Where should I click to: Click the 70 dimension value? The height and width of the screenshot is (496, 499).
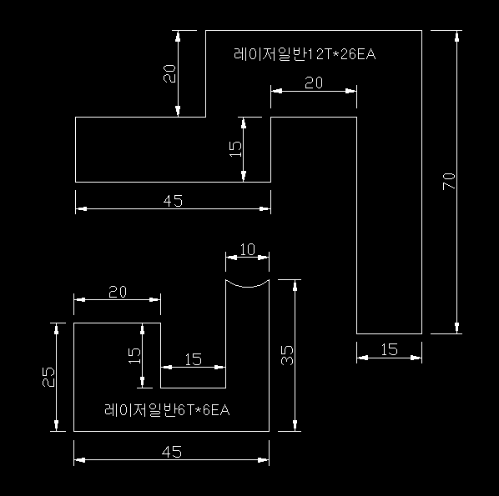[x=449, y=181]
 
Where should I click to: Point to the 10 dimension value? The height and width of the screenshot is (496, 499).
[x=248, y=249]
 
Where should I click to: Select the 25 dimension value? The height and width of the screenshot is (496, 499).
[x=48, y=377]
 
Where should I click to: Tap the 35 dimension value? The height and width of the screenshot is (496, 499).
[x=287, y=355]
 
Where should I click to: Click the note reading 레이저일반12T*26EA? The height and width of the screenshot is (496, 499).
[x=305, y=54]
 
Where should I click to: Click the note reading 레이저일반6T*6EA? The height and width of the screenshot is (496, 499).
[x=167, y=410]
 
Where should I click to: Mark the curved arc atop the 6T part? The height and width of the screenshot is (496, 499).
[x=247, y=286]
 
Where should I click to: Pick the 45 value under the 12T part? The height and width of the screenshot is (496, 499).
[x=173, y=201]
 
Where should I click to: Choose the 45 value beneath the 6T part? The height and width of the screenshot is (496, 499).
[x=172, y=452]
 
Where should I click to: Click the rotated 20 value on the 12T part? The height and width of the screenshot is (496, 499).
[x=169, y=73]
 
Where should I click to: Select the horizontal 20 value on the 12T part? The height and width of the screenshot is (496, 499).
[x=314, y=83]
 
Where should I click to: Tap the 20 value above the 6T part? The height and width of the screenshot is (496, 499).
[x=118, y=292]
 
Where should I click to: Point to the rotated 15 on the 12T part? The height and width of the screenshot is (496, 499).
[x=235, y=149]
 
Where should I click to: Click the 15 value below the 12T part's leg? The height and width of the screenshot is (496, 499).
[x=389, y=350]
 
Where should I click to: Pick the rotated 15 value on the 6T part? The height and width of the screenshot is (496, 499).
[x=134, y=356]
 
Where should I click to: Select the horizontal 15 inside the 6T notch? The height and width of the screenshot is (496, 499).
[x=193, y=359]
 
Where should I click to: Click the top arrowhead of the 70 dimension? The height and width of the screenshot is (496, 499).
[x=457, y=36]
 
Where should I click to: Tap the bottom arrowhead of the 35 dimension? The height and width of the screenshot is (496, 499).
[x=295, y=426]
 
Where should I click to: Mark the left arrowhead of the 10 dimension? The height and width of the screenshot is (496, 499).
[x=231, y=258]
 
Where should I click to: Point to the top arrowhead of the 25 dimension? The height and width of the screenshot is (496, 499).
[x=57, y=328]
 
